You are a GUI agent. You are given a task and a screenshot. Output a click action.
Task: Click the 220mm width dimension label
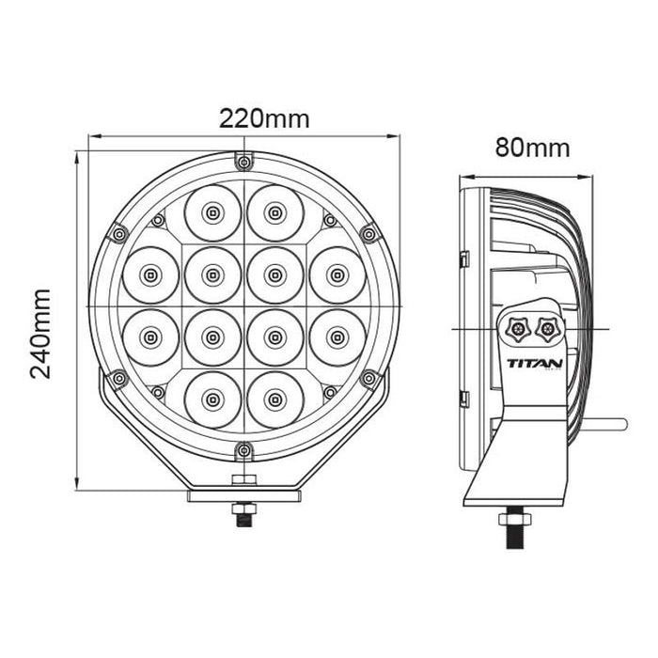tap(264, 118)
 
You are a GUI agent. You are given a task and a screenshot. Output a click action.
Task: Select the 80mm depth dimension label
tap(533, 147)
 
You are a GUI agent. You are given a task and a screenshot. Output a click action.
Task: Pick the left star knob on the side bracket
tap(516, 329)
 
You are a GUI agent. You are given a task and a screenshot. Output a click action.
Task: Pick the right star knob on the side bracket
tap(544, 329)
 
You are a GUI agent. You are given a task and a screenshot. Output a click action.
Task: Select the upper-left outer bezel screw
tap(117, 234)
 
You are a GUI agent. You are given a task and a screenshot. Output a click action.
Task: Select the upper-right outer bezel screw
tap(368, 234)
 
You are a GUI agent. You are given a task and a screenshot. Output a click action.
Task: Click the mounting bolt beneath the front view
tap(243, 515)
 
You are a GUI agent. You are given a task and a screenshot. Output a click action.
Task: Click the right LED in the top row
tap(274, 212)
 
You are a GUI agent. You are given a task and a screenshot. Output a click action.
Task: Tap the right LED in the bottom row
tap(274, 399)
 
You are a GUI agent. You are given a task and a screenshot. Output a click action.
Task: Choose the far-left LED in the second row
tap(150, 274)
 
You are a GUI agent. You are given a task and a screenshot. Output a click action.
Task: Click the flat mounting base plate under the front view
tap(243, 495)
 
